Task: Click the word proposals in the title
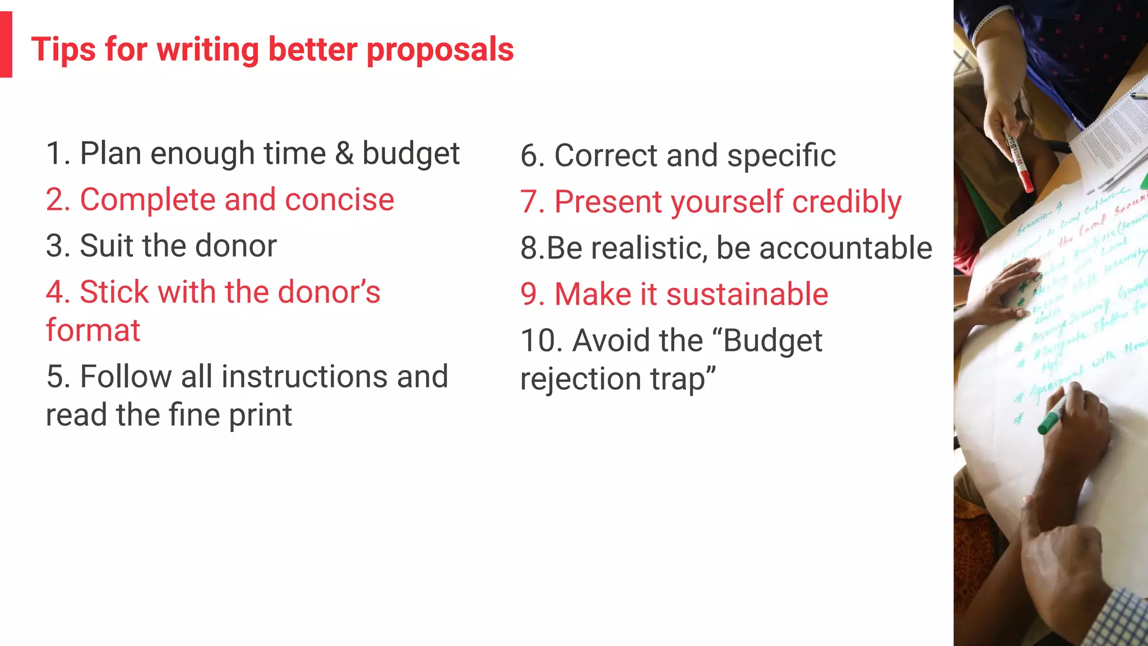pos(440,50)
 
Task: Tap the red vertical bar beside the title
pos(6,45)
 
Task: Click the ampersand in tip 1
pos(344,153)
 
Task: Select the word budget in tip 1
pos(411,154)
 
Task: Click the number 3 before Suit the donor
pos(54,246)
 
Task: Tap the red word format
pos(93,330)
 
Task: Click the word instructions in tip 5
pos(304,376)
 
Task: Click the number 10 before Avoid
pos(541,341)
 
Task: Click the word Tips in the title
pos(63,49)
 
